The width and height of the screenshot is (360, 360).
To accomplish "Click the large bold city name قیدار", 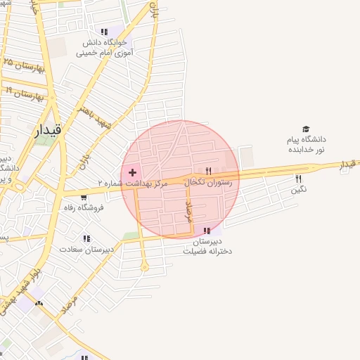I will click(48, 129).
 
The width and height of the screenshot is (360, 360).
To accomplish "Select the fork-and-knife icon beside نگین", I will click(299, 179).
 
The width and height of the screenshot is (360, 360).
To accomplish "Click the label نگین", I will click(299, 189).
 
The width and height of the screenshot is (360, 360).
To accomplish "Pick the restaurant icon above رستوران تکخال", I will click(208, 171).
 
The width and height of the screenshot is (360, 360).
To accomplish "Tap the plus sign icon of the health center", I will click(132, 172).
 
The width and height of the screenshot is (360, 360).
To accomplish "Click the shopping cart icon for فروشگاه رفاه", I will click(84, 197).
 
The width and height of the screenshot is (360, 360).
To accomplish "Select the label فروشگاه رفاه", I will click(83, 207).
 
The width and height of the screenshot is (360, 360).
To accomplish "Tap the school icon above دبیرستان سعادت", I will click(86, 238).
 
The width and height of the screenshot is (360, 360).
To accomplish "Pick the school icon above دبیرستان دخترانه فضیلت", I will click(207, 231).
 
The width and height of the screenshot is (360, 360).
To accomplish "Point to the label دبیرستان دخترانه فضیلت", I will click(207, 245).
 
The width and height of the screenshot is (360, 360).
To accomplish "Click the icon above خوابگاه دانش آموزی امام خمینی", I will click(104, 32).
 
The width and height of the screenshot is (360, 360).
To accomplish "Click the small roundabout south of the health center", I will click(144, 267).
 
